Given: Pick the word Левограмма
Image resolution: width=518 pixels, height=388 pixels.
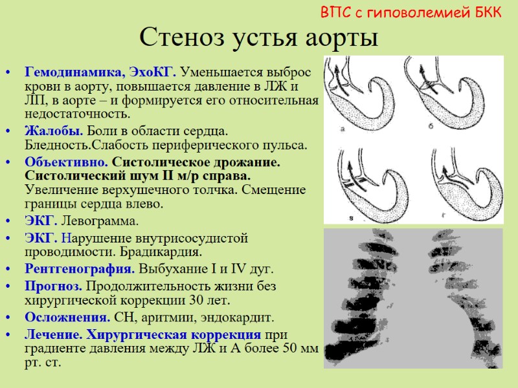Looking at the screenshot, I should [x=104, y=222].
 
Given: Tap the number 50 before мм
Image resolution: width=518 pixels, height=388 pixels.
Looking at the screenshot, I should [x=291, y=349].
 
